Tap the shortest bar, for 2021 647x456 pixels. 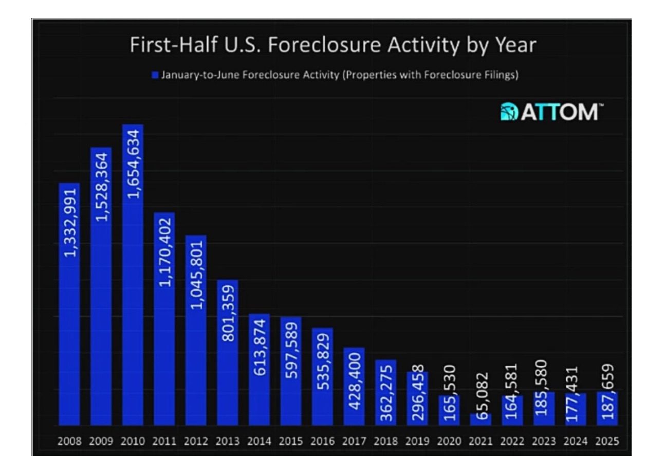480,419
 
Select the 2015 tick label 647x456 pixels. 290,441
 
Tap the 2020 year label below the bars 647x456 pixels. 449,441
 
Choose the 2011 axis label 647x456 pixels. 164,441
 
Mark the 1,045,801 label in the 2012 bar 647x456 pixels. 196,275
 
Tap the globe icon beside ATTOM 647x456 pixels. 509,112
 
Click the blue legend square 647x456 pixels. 155,75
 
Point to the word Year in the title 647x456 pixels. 515,45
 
